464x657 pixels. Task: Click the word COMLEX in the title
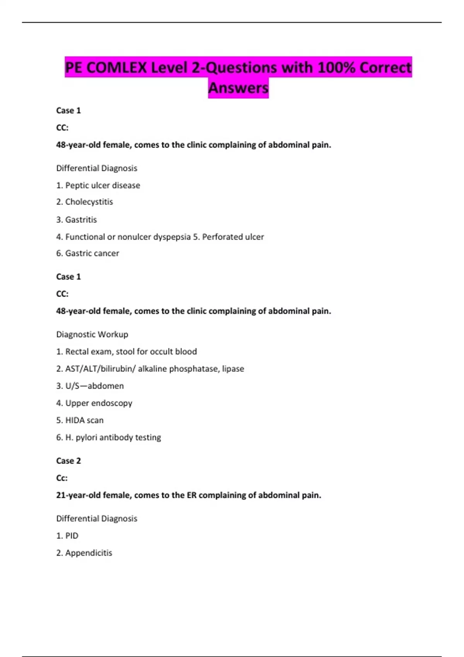click(117, 68)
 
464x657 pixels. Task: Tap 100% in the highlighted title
click(334, 68)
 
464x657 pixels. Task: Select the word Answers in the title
click(238, 88)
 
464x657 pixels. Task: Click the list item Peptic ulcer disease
click(102, 186)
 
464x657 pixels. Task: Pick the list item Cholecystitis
click(89, 202)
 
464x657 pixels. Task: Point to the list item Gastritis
click(81, 220)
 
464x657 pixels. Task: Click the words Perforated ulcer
click(233, 237)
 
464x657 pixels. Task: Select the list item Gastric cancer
click(92, 254)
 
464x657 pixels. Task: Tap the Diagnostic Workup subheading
click(92, 334)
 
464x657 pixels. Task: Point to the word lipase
click(233, 369)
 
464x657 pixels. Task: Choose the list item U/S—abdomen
click(94, 386)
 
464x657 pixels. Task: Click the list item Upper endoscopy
click(99, 403)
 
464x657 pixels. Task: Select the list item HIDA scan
click(84, 420)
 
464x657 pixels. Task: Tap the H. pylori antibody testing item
click(113, 437)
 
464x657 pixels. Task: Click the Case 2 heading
click(68, 461)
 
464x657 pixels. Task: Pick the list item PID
click(72, 536)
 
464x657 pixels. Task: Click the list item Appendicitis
click(89, 553)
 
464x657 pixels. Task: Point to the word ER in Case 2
click(192, 495)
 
